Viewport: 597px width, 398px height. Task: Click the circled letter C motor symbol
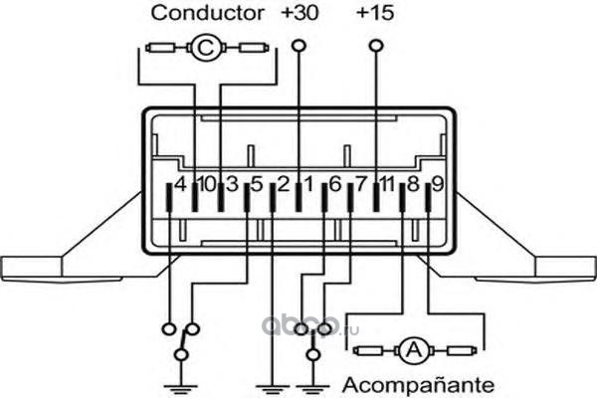pos(207,47)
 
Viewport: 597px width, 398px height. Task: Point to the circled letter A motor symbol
pos(412,349)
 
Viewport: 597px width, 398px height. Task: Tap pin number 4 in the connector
pos(180,184)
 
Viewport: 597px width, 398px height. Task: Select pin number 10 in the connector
pos(206,184)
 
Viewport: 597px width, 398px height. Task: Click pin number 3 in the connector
pos(231,184)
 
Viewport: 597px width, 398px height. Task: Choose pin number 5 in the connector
pos(257,184)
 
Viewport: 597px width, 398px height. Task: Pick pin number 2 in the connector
pos(283,184)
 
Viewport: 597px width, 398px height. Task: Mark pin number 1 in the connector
pos(308,184)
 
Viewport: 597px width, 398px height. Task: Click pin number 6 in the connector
pos(334,184)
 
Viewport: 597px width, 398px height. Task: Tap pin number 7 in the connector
pos(360,184)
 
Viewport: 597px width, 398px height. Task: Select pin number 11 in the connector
pos(387,184)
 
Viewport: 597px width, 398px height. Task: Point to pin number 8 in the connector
pos(412,184)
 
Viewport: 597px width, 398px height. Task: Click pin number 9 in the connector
pos(437,184)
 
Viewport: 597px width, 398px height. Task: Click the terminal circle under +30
pos(298,45)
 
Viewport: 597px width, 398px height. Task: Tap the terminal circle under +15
pos(375,45)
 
